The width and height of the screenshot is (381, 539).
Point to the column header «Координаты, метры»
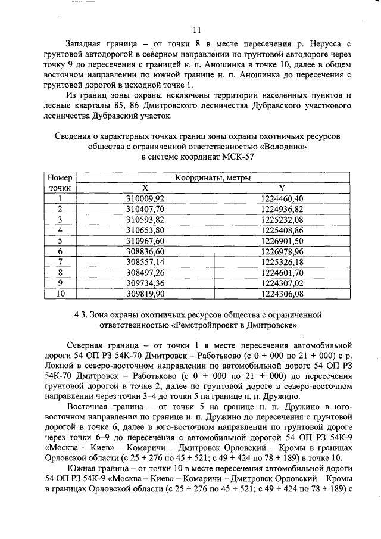tap(213, 177)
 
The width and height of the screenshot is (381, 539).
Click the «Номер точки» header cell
tap(60, 182)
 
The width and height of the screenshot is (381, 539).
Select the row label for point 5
tap(60, 241)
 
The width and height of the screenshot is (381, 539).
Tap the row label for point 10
tap(60, 294)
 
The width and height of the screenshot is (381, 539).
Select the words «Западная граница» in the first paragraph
tap(102, 45)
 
